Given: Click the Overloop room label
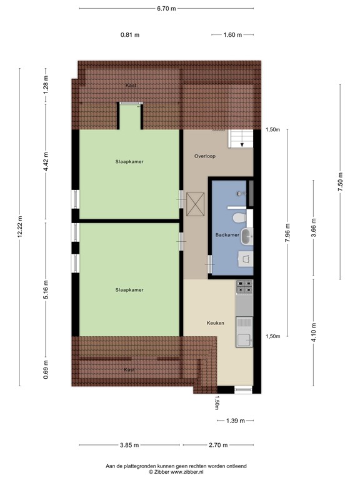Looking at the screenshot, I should click(204, 156).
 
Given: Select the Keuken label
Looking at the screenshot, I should click(216, 323).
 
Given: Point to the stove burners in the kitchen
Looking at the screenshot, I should click(244, 288).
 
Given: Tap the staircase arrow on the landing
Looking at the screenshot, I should click(241, 143).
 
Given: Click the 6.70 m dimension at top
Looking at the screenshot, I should click(166, 9).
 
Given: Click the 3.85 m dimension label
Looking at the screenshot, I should click(130, 445).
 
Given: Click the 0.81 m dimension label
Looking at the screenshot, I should click(130, 35).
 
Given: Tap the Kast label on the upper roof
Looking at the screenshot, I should click(130, 86).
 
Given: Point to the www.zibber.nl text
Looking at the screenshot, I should click(181, 472).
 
